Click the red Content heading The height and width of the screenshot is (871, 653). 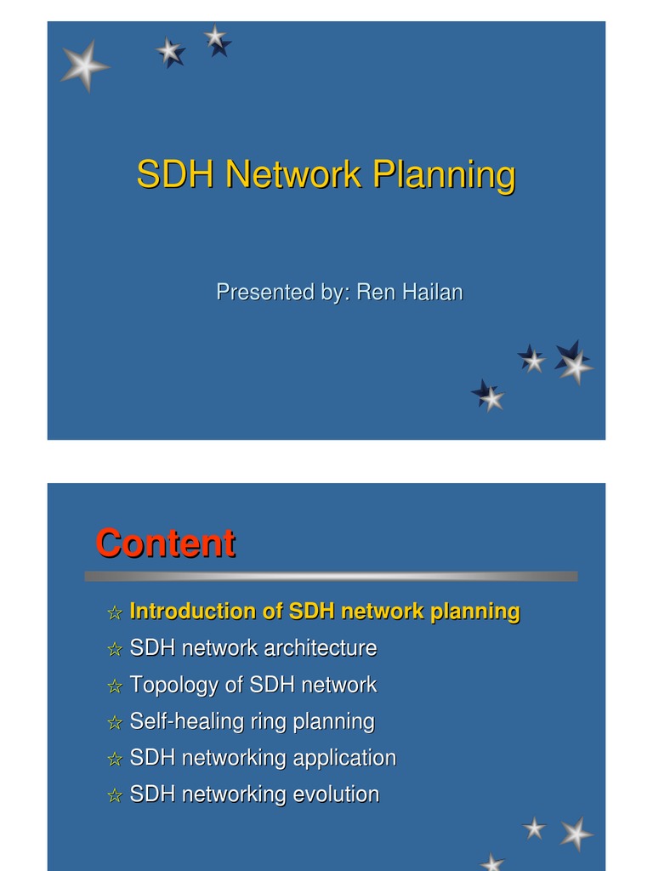tap(165, 544)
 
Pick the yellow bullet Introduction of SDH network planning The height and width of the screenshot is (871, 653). tap(324, 612)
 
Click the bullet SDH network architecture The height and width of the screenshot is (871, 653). tap(253, 648)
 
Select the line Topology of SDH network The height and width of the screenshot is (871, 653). tap(253, 685)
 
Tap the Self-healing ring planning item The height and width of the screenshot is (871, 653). tap(252, 722)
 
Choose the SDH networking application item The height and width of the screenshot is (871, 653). tap(263, 758)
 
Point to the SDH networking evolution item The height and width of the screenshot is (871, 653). tap(254, 794)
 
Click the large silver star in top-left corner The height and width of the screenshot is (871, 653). tap(84, 65)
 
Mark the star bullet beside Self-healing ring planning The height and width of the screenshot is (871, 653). tap(115, 723)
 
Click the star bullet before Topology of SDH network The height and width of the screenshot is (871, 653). tap(115, 686)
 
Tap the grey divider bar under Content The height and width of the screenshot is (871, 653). tap(331, 577)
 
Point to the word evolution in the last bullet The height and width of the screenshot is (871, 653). tap(335, 794)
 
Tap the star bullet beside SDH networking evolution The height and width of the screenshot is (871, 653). tap(115, 796)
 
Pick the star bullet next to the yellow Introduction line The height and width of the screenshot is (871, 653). tap(115, 613)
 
